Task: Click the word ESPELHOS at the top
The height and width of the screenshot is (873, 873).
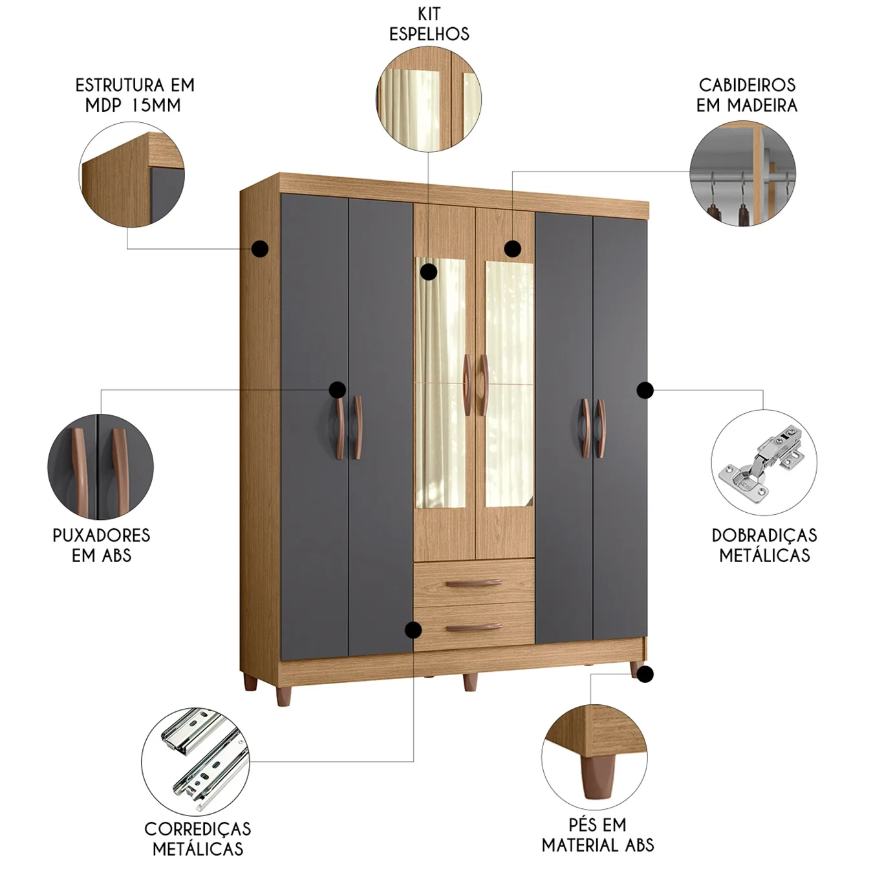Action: click(x=429, y=34)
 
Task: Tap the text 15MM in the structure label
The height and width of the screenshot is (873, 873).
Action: click(x=156, y=105)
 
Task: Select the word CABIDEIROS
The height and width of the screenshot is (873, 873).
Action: click(x=747, y=85)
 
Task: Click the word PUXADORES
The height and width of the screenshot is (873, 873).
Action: click(x=102, y=535)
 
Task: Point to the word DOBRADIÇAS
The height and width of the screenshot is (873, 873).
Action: click(x=764, y=535)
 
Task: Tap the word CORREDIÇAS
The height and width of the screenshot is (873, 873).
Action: click(x=197, y=829)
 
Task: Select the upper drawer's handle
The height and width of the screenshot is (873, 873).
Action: click(x=474, y=583)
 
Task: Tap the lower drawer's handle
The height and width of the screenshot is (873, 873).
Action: click(x=474, y=627)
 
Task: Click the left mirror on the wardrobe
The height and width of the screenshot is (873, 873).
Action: click(x=441, y=383)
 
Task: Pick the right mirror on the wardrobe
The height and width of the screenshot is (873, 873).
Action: click(x=509, y=383)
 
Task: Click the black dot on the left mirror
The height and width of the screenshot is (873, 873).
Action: click(x=429, y=272)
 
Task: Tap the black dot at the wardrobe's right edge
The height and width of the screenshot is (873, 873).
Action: click(x=645, y=389)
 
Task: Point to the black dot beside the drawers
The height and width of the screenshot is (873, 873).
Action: click(x=413, y=630)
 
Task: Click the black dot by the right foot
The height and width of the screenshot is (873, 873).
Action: click(x=645, y=674)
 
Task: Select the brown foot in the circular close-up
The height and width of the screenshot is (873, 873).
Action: click(x=598, y=777)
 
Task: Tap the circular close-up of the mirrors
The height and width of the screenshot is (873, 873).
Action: click(x=429, y=99)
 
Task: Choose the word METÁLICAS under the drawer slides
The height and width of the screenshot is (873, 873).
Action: click(x=197, y=848)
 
